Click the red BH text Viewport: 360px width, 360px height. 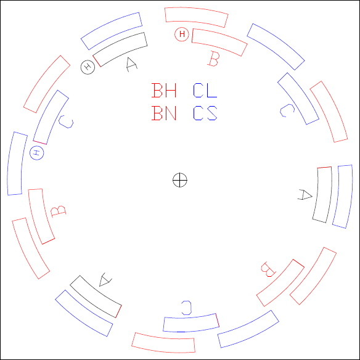click(164, 90)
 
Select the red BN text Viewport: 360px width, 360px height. click(164, 113)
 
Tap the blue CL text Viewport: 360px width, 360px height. click(205, 90)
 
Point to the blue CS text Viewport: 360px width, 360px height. click(205, 113)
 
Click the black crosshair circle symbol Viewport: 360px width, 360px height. click(180, 180)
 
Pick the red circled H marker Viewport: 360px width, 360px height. click(182, 34)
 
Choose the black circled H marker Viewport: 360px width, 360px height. click(88, 67)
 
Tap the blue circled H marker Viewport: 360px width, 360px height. click(37, 153)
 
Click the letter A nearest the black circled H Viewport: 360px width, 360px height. click(131, 65)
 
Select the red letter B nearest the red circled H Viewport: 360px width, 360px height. click(213, 59)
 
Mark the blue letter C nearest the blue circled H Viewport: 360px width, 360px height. click(66, 121)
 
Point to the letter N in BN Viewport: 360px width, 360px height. click(170, 113)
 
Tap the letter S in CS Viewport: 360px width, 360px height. click(212, 113)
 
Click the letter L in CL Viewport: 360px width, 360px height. click(212, 90)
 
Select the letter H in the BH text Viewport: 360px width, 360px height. click(170, 90)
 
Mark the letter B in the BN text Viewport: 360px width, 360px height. click(157, 113)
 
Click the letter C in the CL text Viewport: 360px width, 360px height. click(198, 90)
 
